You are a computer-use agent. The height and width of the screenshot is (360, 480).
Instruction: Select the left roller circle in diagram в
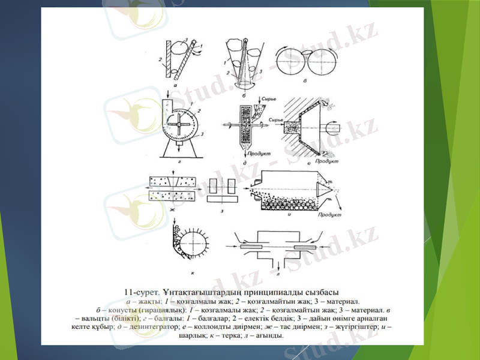coord(290,60)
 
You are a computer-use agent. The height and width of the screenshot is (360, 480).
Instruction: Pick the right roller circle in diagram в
coord(314,60)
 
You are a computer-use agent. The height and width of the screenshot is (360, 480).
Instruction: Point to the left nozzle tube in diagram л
coord(250,247)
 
